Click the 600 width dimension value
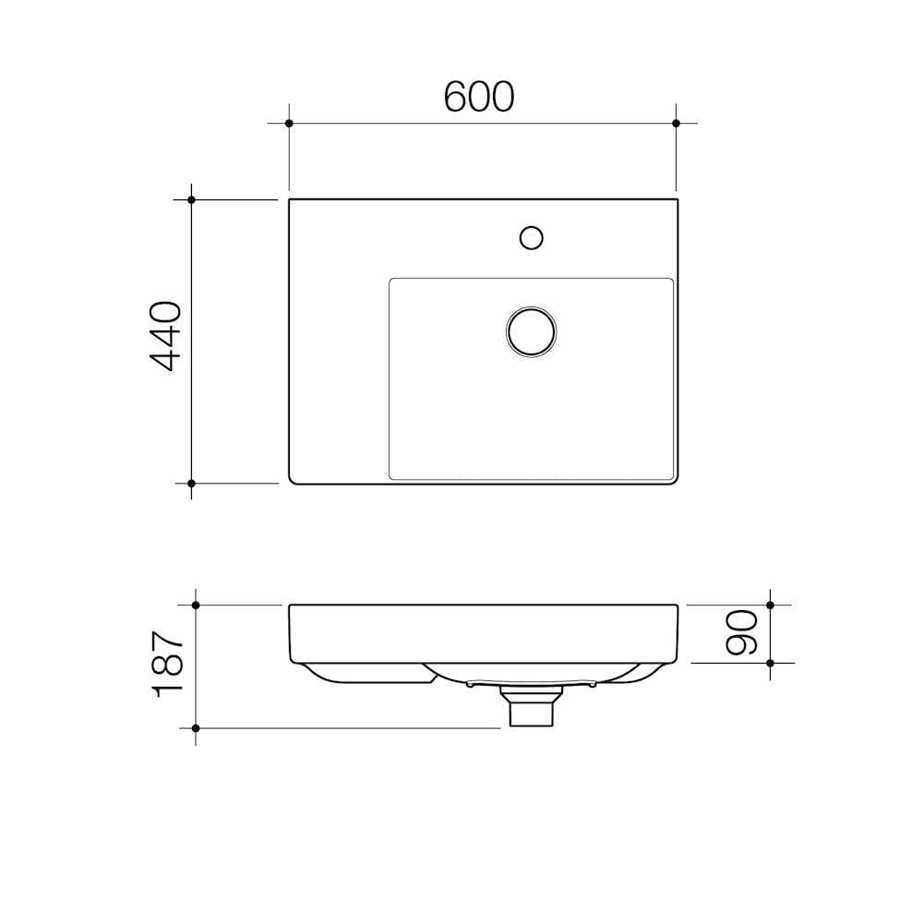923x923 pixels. [x=478, y=96]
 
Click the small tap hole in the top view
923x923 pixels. [x=531, y=237]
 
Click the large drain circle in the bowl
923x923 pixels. [x=531, y=330]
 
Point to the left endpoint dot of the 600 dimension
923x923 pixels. [x=289, y=123]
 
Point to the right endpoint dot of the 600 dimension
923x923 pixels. [x=677, y=123]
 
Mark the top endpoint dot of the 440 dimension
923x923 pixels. [x=191, y=199]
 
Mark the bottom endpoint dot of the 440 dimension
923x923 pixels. [x=191, y=483]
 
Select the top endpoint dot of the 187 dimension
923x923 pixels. [x=196, y=605]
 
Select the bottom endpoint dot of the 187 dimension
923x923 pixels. [x=196, y=728]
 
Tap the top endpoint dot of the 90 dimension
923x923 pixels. [x=772, y=605]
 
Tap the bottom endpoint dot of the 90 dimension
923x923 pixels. [x=772, y=663]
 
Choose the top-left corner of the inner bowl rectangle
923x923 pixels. [x=391, y=280]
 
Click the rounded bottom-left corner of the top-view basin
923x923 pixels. [x=293, y=480]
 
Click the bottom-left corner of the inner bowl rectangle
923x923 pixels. [x=391, y=477]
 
